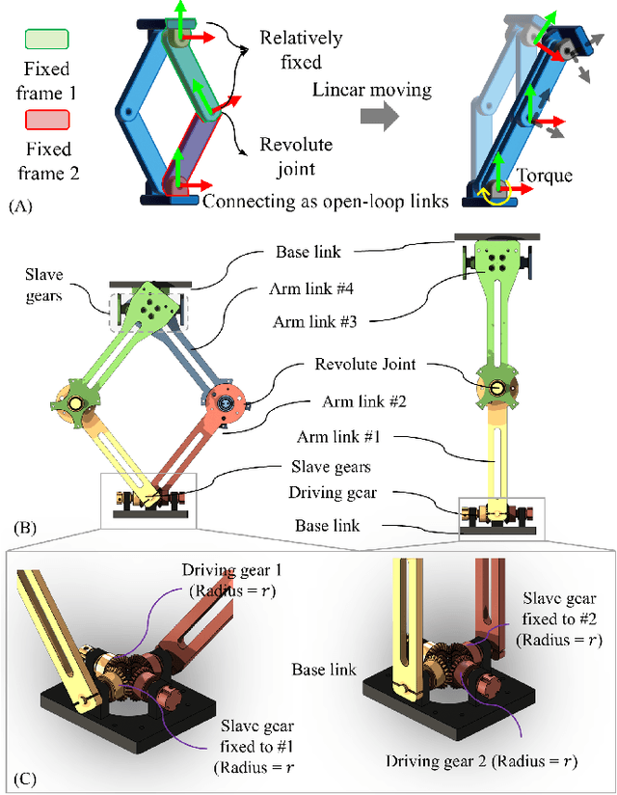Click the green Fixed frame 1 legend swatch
pos(46,40)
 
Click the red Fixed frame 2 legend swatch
pos(46,120)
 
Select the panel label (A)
pos(20,206)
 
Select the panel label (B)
pos(27,527)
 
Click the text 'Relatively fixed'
pos(300,49)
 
